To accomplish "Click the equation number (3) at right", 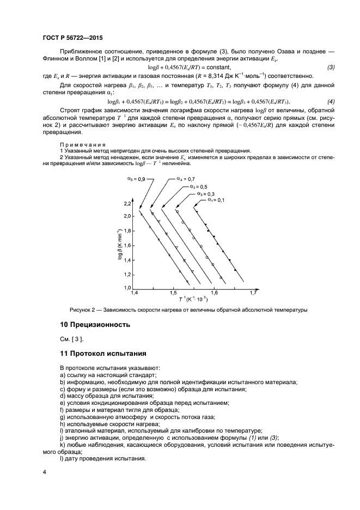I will [331, 66].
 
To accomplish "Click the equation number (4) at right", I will [331, 102].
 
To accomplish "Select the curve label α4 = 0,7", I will [185, 179].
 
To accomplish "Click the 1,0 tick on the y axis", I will [127, 288].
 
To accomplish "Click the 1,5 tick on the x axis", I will [173, 293].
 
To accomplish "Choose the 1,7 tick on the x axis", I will [253, 293].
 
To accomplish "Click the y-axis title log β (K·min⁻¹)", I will [120, 246].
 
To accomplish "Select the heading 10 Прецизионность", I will [95, 325].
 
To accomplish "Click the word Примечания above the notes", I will [78, 144].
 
